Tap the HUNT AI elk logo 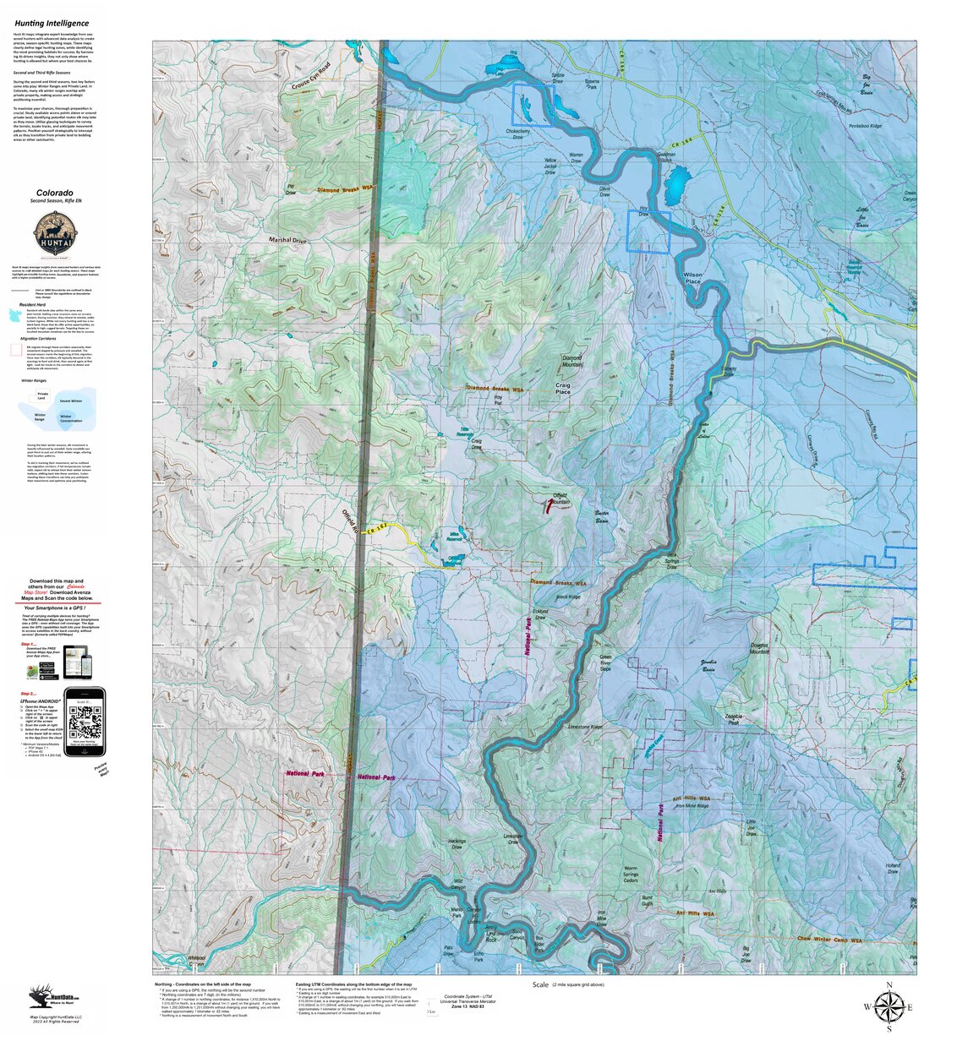coord(56,234)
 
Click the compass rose coord(889,1006)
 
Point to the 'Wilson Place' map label coord(692,278)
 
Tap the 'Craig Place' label coord(562,389)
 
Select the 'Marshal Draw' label coord(287,240)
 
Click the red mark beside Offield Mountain coord(548,507)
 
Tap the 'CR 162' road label coord(377,527)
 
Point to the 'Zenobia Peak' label coord(733,720)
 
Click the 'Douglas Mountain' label coord(759,648)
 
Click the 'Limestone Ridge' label coord(585,727)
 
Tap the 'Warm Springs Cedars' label coord(631,875)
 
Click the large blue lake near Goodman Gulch coord(676,185)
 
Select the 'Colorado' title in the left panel coord(54,194)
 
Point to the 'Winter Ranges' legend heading coord(35,381)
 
